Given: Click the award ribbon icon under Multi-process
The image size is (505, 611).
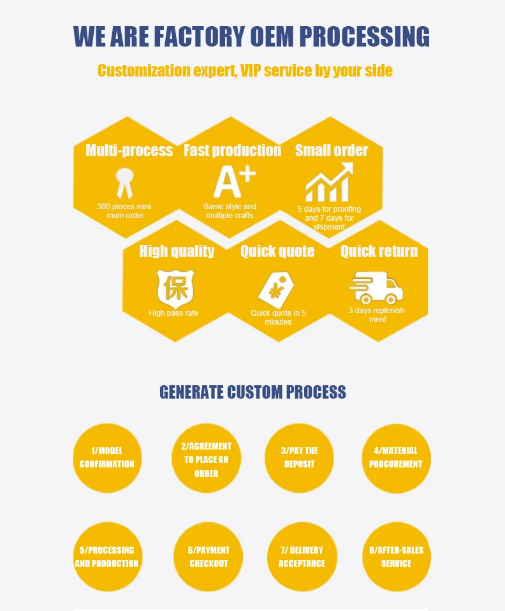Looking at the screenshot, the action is pos(123,182).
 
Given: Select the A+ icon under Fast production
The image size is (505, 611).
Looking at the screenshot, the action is pos(233,181).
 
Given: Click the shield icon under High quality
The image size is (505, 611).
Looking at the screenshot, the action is pos(175,287).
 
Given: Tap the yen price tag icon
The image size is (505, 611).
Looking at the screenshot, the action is pos(275,289).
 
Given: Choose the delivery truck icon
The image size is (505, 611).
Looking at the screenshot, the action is pos(377,288).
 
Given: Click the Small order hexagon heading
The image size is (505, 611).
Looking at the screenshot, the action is pos(332,151).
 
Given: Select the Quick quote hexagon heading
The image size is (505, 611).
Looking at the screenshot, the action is pos(277,251).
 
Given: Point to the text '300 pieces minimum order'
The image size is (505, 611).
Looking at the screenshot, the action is pos(125,211).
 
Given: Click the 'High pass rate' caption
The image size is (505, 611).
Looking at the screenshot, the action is pos(173,313).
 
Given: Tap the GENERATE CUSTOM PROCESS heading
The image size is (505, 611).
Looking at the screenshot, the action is pos(252,392).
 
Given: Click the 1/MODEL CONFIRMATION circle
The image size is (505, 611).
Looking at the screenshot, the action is pos(107,458).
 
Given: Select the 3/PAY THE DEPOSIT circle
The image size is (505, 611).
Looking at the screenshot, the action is pos(299,458).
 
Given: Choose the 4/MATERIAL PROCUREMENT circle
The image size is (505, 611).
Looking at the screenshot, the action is pos(396,458).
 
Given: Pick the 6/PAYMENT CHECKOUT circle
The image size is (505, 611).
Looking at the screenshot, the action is pos(208,557).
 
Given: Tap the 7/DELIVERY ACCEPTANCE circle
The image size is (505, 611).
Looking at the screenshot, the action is pos(302,557).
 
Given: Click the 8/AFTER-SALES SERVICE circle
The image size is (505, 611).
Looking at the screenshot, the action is pos(396,557).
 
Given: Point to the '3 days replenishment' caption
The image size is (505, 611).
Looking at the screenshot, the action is pos(377,315).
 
